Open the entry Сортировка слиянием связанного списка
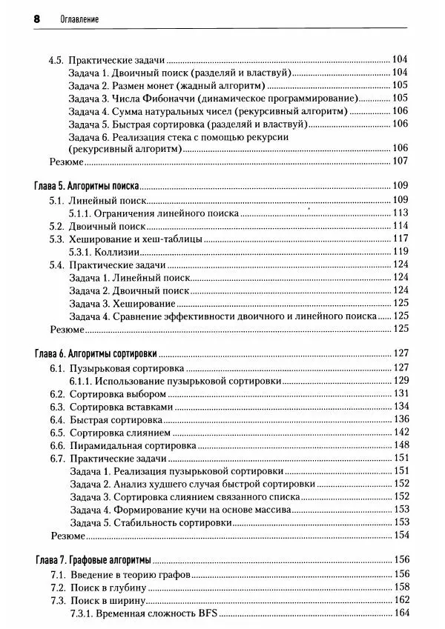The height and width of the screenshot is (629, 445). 197,497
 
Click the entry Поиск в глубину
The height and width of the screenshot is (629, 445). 109,587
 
